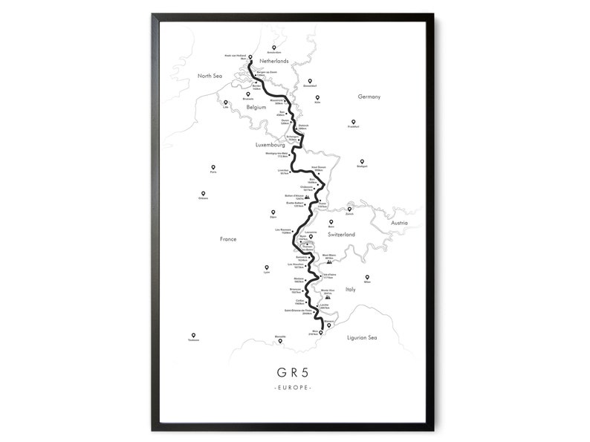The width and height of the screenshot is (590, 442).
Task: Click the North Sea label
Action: pyautogui.click(x=210, y=76)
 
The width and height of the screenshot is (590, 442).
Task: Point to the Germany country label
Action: pyautogui.click(x=369, y=97)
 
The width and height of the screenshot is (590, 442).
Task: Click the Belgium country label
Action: pyautogui.click(x=256, y=107)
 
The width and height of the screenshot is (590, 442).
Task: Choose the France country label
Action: pyautogui.click(x=227, y=239)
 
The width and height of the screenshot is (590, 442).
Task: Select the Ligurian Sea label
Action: pyautogui.click(x=363, y=338)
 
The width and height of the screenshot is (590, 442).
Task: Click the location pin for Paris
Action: pyautogui.click(x=213, y=168)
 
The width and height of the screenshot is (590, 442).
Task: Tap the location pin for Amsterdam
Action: pyautogui.click(x=273, y=47)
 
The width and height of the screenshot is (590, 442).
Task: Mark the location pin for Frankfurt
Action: pyautogui.click(x=353, y=122)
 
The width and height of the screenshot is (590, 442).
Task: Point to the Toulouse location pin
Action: pyautogui.click(x=193, y=335)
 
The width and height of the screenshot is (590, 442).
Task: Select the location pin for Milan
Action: pyautogui.click(x=367, y=277)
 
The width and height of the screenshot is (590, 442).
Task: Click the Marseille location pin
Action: pyautogui.click(x=279, y=341)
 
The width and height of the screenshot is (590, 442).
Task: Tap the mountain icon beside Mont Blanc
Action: pyautogui.click(x=329, y=261)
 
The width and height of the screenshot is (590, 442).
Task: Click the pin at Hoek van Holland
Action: pyautogui.click(x=250, y=58)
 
